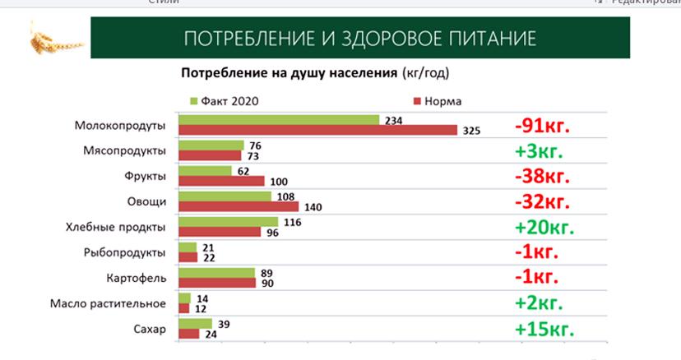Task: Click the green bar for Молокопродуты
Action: click(x=278, y=120)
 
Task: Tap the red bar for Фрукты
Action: click(x=221, y=181)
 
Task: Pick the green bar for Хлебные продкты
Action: click(x=228, y=221)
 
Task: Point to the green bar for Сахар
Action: click(x=195, y=323)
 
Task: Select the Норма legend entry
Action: click(x=437, y=101)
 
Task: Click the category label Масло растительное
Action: click(x=119, y=303)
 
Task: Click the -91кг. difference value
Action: click(x=542, y=127)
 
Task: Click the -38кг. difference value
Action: click(x=542, y=177)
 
